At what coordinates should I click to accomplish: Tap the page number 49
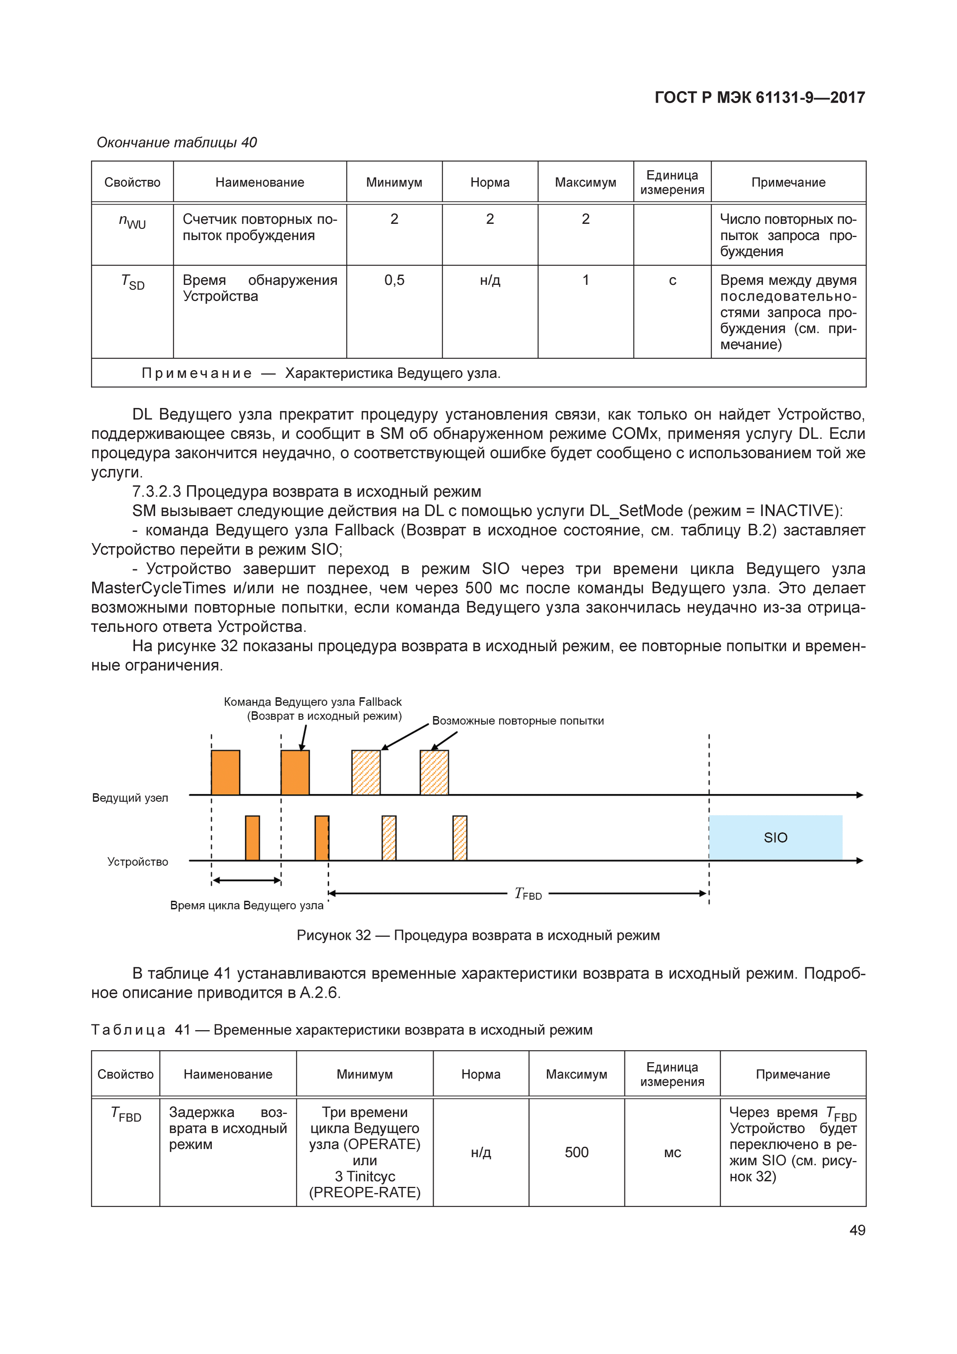(857, 1230)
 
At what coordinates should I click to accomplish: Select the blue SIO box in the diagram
(775, 838)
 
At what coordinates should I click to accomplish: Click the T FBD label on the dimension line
(528, 894)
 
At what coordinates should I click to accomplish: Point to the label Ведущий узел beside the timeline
(130, 798)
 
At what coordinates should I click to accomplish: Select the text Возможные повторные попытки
(518, 721)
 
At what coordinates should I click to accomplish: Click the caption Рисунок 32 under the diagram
(478, 935)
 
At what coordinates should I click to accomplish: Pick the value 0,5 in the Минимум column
(394, 280)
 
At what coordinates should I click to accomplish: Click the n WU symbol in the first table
(132, 222)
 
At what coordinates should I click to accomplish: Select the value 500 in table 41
(576, 1152)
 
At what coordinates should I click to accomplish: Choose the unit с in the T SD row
(672, 281)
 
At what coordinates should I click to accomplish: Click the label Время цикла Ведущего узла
(247, 905)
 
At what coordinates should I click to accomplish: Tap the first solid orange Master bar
(225, 773)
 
